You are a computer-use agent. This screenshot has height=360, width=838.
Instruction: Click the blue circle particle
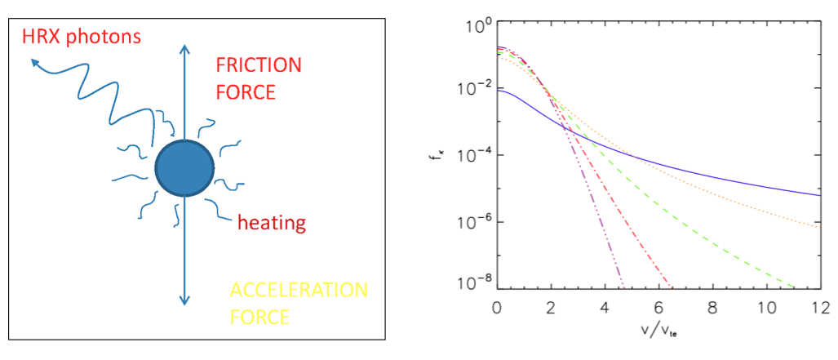(185, 168)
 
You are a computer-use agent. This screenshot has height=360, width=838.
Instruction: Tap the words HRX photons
(82, 37)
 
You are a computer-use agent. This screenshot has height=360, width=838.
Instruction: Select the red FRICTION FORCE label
(258, 78)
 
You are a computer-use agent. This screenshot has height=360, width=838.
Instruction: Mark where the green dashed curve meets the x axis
(794, 287)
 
